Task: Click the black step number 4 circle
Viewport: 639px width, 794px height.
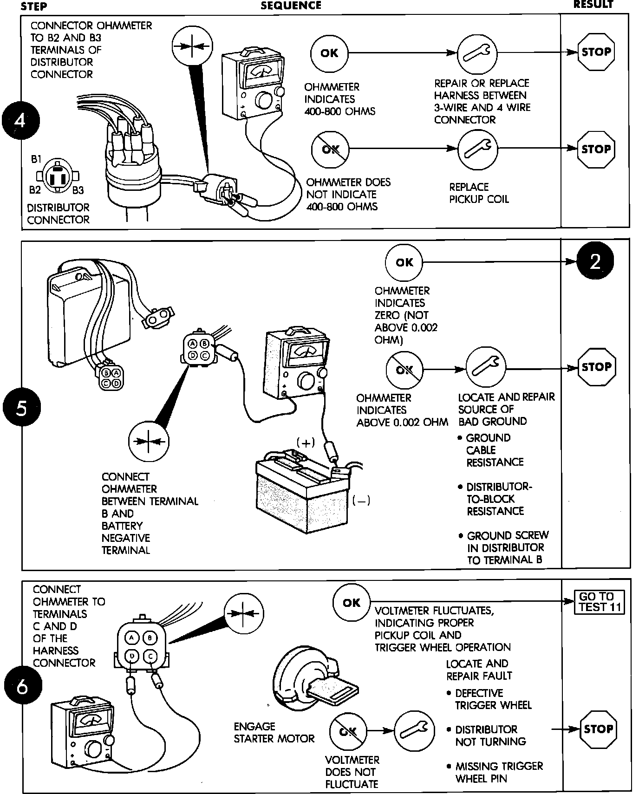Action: (20, 121)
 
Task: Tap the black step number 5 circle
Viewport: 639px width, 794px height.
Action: (21, 408)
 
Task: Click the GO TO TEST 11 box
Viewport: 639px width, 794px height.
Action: (600, 602)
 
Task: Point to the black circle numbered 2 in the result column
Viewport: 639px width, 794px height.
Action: (595, 262)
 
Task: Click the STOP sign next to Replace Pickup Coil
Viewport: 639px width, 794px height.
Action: (596, 149)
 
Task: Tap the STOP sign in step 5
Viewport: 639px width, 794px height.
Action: (596, 367)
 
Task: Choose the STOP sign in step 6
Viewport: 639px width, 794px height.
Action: (598, 729)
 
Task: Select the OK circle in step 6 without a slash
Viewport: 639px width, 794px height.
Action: (352, 602)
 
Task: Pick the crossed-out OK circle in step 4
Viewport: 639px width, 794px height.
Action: (330, 149)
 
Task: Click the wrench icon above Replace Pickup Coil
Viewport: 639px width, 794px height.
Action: (477, 149)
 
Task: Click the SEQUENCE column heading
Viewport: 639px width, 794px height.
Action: (291, 6)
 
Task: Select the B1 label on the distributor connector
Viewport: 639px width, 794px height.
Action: (36, 159)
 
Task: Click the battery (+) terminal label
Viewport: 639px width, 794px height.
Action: (306, 443)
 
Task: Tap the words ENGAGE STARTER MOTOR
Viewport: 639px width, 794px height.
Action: (274, 732)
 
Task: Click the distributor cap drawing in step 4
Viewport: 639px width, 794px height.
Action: (132, 158)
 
